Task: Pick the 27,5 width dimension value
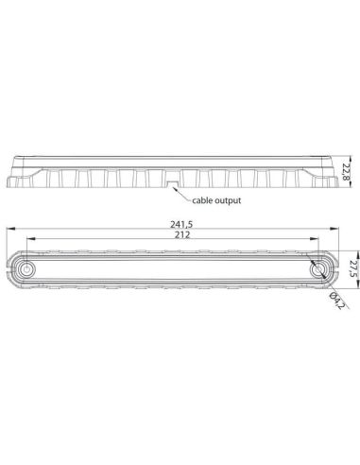pos(351,268)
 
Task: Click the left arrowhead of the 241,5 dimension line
pos(9,229)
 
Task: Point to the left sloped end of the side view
pos(11,175)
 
